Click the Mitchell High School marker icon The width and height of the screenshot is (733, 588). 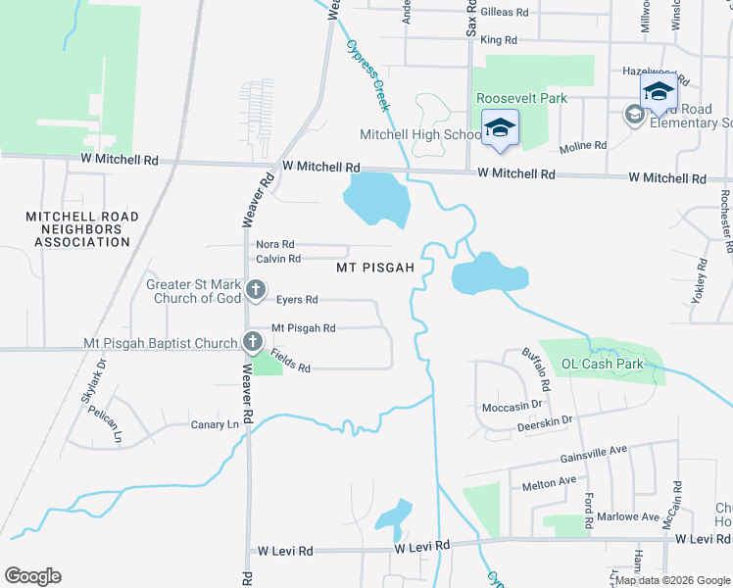click(x=500, y=128)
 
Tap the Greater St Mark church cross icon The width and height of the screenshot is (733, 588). click(x=256, y=289)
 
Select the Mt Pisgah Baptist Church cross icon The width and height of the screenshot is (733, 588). click(x=252, y=342)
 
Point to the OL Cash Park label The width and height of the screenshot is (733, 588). click(x=602, y=364)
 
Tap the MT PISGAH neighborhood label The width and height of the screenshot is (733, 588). click(x=376, y=267)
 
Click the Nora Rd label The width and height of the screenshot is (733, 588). click(x=275, y=244)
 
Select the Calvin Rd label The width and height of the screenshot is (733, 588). click(x=277, y=259)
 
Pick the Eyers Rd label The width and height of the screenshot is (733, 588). click(x=297, y=299)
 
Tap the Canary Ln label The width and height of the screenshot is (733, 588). click(x=215, y=424)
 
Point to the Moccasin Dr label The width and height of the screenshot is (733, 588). click(x=513, y=406)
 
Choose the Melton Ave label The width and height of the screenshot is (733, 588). click(x=550, y=482)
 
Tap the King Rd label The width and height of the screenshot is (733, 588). click(x=498, y=40)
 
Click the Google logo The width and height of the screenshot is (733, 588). click(x=32, y=576)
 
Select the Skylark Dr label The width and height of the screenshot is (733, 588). click(x=92, y=382)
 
